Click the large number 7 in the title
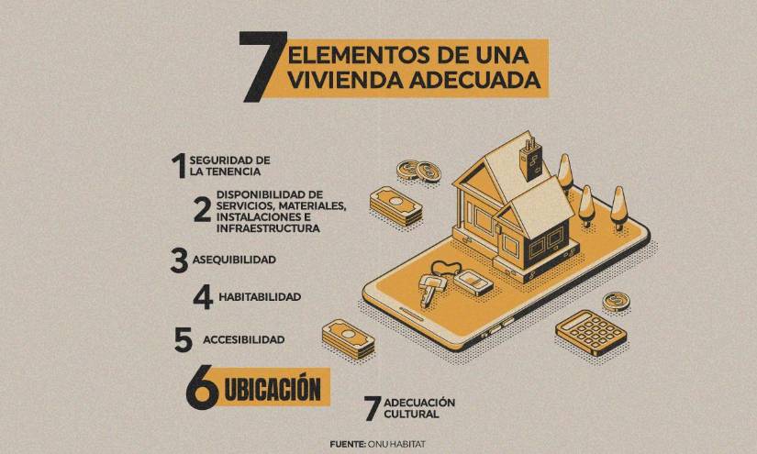[263, 67]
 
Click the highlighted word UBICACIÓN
[273, 389]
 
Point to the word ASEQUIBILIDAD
[234, 260]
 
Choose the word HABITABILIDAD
[260, 297]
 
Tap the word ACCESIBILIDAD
[244, 339]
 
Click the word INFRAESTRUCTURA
[268, 228]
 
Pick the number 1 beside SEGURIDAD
[179, 165]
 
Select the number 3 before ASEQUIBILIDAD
[179, 260]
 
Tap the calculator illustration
[591, 332]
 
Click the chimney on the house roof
[531, 160]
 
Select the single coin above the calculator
[616, 302]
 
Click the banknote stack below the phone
[348, 338]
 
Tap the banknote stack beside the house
[395, 206]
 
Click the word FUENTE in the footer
[348, 444]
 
